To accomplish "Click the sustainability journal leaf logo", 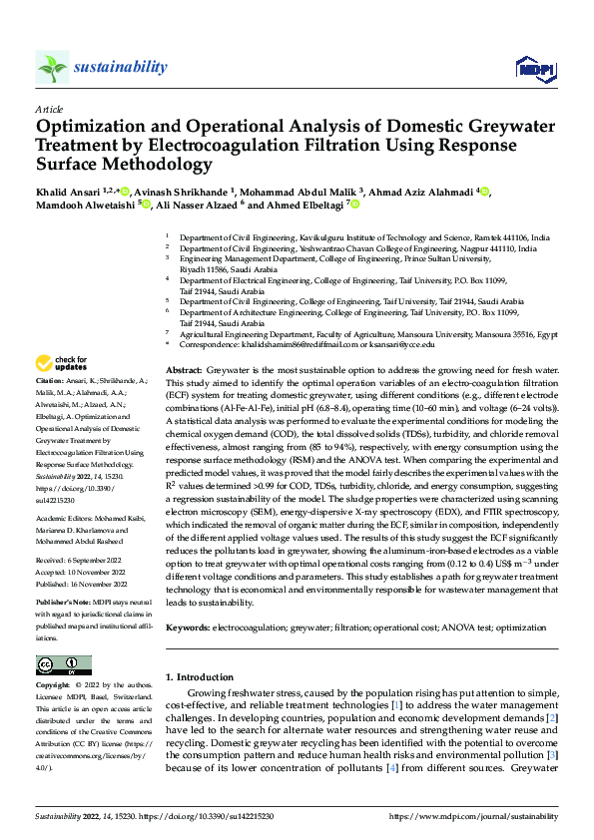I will click(52, 67).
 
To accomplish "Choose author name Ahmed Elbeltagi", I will click(304, 206).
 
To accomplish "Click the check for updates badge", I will click(62, 363).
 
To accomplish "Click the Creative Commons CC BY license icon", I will click(63, 665).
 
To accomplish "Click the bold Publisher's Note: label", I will click(64, 605).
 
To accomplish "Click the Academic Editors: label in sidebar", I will click(63, 521).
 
